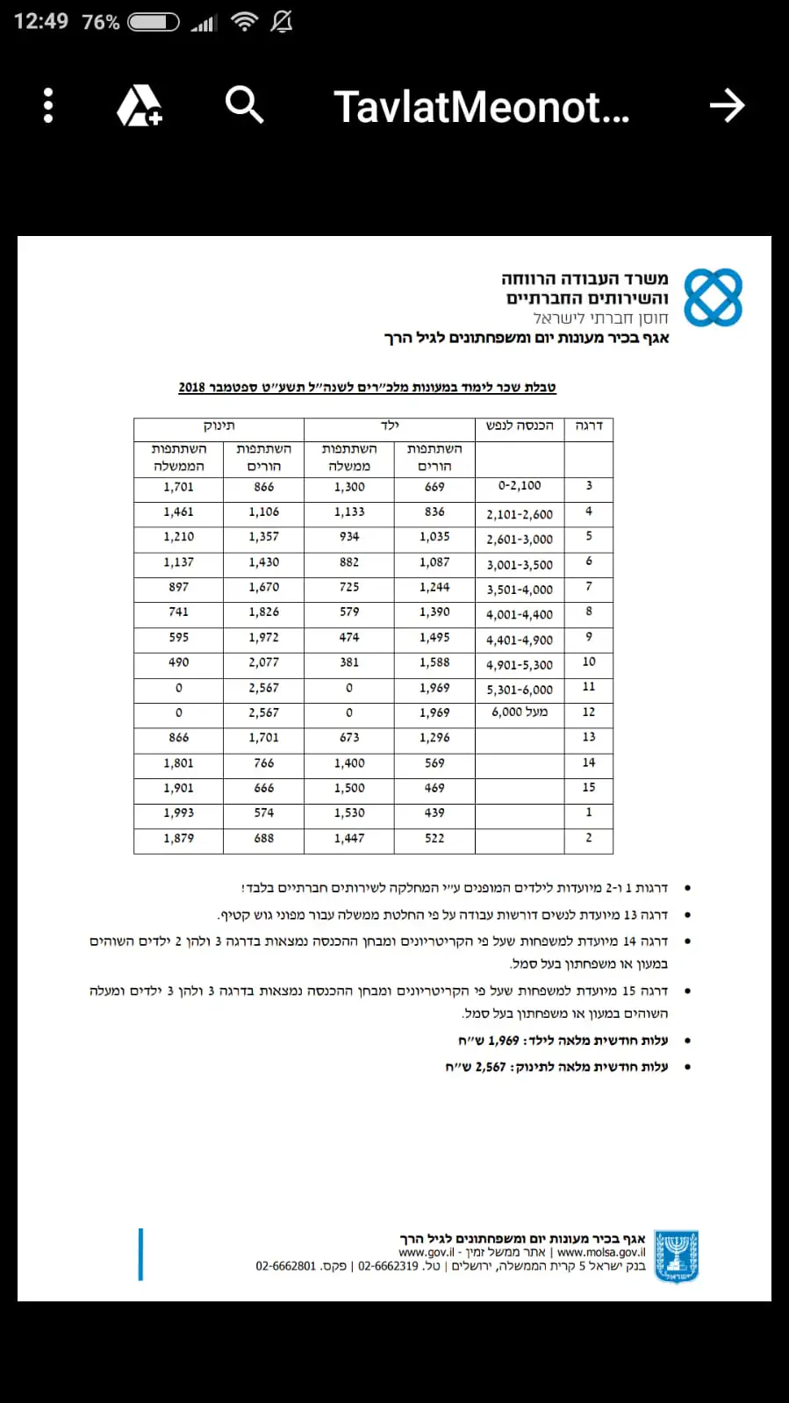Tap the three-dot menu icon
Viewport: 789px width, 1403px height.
click(48, 106)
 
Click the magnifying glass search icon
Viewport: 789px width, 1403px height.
click(244, 105)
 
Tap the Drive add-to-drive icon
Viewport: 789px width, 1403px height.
click(140, 106)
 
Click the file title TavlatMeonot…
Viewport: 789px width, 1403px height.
click(481, 107)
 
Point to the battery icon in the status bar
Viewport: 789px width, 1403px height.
click(154, 22)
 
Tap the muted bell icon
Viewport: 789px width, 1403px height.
click(282, 22)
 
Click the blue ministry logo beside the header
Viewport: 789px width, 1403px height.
click(713, 298)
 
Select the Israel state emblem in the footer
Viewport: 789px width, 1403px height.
click(677, 1256)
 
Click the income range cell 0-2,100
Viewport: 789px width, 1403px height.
click(520, 486)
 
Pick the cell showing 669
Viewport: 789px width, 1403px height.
click(434, 487)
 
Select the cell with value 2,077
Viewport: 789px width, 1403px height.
click(263, 662)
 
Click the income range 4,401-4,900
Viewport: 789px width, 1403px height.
click(520, 641)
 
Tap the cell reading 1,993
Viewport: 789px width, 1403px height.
click(178, 813)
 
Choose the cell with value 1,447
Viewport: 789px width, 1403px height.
click(349, 839)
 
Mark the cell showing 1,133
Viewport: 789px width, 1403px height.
click(349, 512)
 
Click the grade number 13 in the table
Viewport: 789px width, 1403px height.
click(589, 737)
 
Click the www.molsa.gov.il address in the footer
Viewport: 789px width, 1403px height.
click(601, 1252)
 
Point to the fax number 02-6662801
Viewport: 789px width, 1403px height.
click(286, 1266)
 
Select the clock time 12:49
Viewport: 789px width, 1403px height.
click(41, 21)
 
